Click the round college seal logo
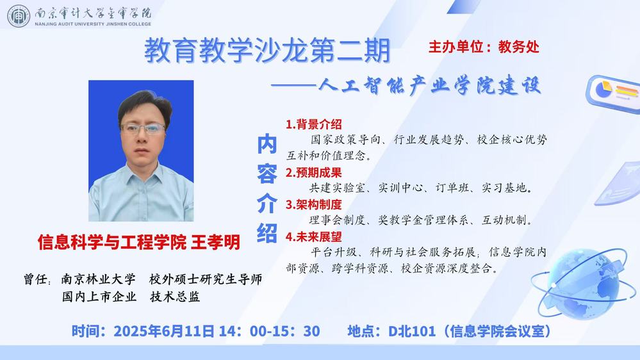click(x=19, y=16)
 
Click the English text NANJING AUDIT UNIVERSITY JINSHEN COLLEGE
click(x=93, y=24)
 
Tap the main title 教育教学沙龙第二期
click(x=267, y=51)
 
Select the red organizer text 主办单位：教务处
click(x=484, y=47)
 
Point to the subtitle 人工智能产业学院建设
click(x=429, y=86)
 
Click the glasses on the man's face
click(x=142, y=129)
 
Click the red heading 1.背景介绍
click(x=314, y=124)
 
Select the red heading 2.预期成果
click(x=314, y=173)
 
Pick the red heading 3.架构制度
click(x=314, y=204)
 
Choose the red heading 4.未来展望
click(x=314, y=237)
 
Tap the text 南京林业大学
click(x=99, y=279)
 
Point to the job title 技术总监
click(x=175, y=297)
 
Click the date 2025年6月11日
click(x=163, y=331)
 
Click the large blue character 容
click(x=267, y=174)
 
